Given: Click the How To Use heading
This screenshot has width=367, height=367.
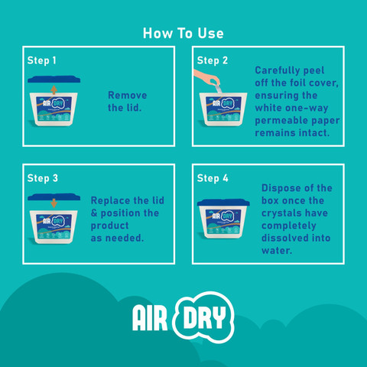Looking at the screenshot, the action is pyautogui.click(x=183, y=34).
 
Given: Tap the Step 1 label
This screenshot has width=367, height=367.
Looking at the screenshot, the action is pyautogui.click(x=41, y=60).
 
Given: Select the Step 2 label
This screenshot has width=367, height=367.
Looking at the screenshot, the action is pyautogui.click(x=213, y=60).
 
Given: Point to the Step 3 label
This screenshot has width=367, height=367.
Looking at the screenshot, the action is pyautogui.click(x=43, y=178).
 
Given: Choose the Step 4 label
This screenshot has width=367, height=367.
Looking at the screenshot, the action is pyautogui.click(x=213, y=178).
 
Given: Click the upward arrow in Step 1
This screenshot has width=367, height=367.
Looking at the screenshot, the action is pyautogui.click(x=54, y=90).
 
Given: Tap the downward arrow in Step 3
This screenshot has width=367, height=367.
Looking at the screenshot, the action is pyautogui.click(x=54, y=203).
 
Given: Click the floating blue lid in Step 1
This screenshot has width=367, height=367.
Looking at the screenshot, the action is pyautogui.click(x=54, y=80).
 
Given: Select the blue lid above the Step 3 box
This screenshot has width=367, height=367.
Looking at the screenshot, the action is pyautogui.click(x=54, y=196).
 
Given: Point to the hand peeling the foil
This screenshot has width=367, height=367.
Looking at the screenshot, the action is pyautogui.click(x=207, y=77).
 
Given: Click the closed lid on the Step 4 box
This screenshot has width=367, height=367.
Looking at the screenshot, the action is pyautogui.click(x=223, y=203).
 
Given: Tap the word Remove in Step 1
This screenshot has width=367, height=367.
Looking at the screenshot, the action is pyautogui.click(x=128, y=96).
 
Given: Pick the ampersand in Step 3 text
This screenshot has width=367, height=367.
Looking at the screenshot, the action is pyautogui.click(x=94, y=213).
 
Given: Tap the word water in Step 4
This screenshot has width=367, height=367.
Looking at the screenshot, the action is pyautogui.click(x=277, y=251).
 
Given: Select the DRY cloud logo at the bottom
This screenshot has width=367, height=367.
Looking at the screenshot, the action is pyautogui.click(x=203, y=317).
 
